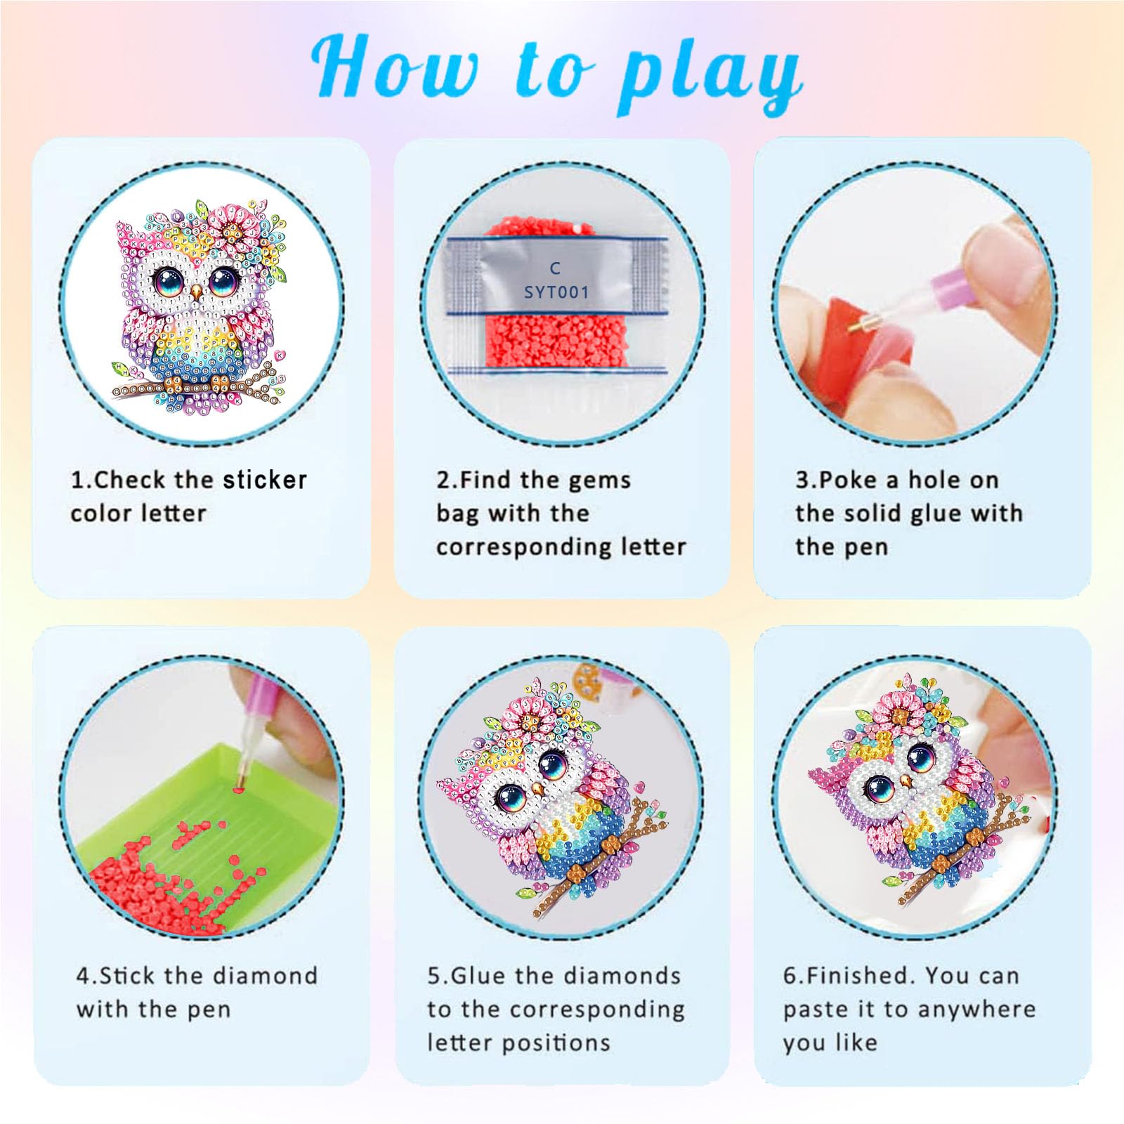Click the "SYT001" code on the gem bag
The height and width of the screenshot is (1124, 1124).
(556, 292)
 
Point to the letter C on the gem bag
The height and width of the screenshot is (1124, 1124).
(555, 268)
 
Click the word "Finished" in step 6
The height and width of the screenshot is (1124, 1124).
(859, 976)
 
